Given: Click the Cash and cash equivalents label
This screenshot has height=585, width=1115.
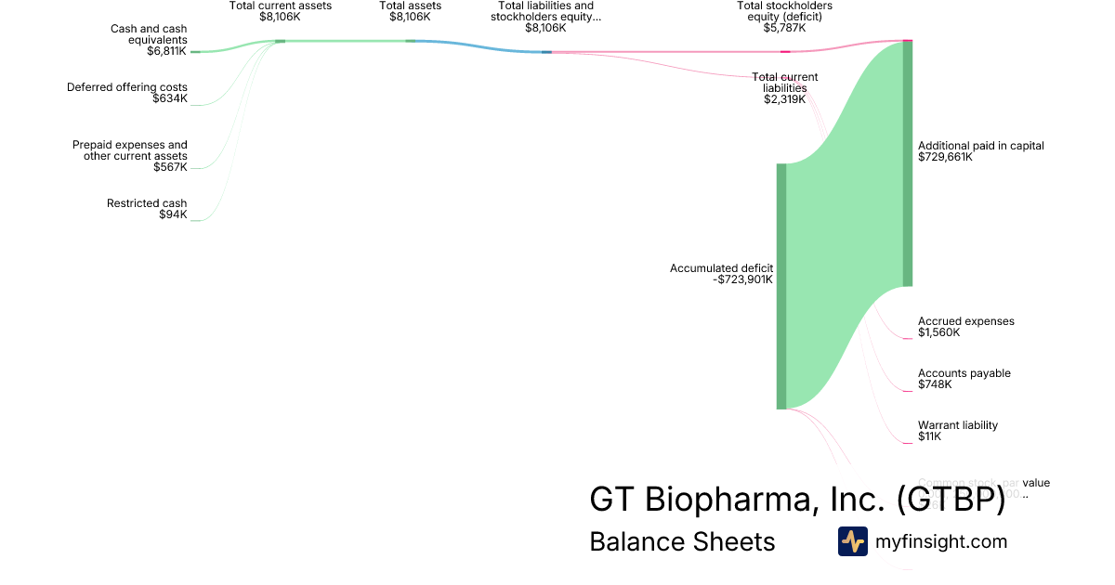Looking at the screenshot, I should pos(149,35).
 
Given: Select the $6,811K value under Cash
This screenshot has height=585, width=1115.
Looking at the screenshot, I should pos(166,52).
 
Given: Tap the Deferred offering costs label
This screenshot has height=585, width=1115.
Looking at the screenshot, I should pos(126,87).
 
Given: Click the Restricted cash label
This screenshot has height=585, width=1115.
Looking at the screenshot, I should pos(147,203).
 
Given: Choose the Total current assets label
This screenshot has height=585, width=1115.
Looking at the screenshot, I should pos(280,6).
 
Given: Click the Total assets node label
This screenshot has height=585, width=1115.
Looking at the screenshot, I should pos(410,6).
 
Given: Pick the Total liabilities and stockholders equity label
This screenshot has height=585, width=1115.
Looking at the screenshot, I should pos(545,11).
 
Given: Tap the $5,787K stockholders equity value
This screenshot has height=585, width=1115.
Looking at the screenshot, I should pos(784,28).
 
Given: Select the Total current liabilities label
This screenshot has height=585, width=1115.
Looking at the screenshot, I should pos(785,82).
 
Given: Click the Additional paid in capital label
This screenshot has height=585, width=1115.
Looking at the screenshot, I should pos(980,146).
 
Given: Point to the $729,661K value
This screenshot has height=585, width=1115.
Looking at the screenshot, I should pos(945,157).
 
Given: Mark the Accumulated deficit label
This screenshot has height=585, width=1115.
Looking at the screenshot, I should pos(721,268).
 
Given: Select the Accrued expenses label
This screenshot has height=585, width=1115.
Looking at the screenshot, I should pos(965,321).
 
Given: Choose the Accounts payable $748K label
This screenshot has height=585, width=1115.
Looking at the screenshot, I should pos(964,379).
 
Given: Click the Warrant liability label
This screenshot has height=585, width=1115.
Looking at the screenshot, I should pos(957,425).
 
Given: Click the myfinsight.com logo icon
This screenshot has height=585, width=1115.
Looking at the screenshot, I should pos(852,541).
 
